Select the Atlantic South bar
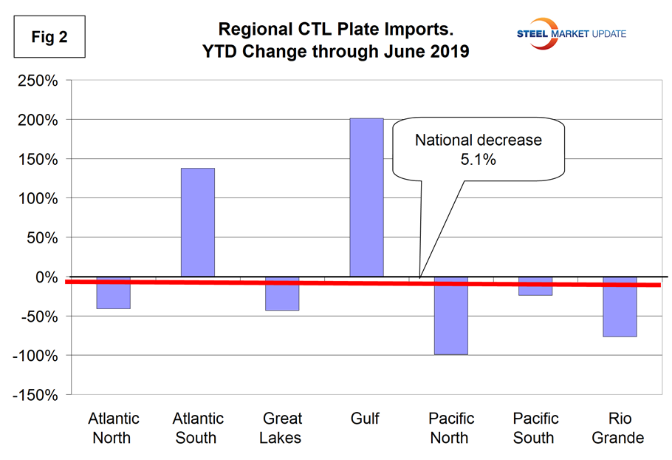coord(197,223)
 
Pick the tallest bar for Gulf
coord(366,197)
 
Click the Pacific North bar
coord(450,316)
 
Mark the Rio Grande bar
coord(620,307)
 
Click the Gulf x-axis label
coord(366,419)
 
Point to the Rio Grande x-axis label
coord(619,428)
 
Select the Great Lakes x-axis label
coord(281,428)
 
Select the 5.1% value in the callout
coord(478,159)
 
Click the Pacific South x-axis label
coord(534,428)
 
